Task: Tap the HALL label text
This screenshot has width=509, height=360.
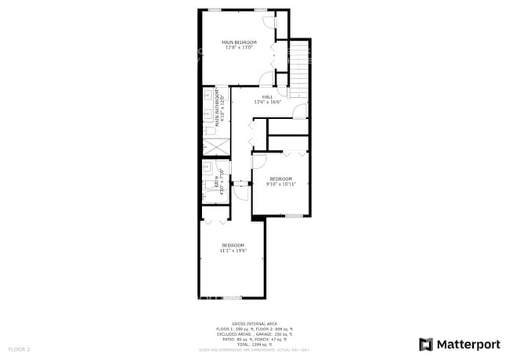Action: point(267,96)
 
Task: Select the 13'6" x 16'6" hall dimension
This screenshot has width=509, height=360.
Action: point(267,102)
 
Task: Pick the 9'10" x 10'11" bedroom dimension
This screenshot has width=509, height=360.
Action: point(280,185)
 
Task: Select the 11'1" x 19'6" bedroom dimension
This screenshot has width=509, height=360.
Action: point(233,250)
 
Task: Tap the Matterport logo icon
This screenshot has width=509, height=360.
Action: point(426,344)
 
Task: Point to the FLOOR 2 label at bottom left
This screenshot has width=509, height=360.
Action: point(19,349)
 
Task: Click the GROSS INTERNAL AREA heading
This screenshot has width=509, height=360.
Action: point(254,322)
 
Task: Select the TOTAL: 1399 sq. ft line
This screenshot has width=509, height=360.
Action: point(254,344)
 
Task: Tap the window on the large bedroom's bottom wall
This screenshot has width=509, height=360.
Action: point(233,298)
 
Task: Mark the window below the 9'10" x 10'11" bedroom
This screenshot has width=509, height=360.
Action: point(293,215)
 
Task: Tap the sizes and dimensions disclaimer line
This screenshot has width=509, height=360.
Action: point(254,350)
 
